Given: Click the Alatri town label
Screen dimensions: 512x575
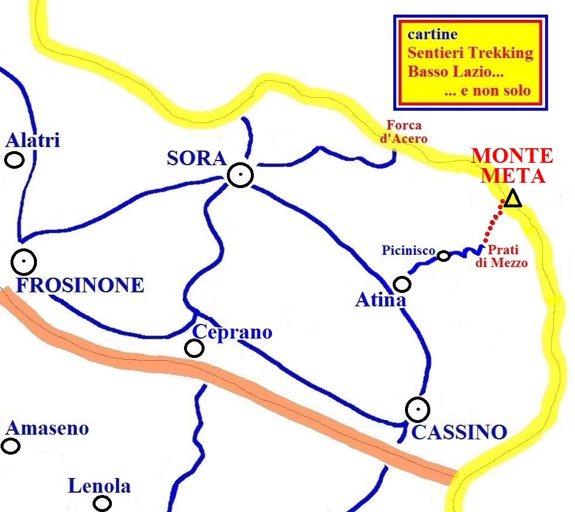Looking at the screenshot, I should (33, 141).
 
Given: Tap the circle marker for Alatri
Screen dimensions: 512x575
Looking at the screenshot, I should (14, 159).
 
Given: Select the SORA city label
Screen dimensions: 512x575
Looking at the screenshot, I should (196, 158).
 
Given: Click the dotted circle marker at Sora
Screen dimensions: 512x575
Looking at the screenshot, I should (240, 175).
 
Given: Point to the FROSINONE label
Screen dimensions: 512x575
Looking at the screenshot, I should (80, 285).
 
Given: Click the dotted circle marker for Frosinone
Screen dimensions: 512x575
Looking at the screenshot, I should (24, 262).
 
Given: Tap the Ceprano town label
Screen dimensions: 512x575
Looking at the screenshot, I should (233, 332).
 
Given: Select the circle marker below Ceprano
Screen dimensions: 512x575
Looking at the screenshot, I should (194, 349).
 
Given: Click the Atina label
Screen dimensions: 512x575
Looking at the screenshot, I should (380, 301).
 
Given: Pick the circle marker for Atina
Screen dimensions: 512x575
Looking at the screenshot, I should (402, 284).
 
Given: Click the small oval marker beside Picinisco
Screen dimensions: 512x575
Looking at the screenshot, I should (444, 255).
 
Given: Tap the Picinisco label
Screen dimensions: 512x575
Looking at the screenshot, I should (408, 251).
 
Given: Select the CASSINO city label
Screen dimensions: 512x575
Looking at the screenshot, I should (459, 432).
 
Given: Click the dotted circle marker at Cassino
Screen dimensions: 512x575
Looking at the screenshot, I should (417, 409).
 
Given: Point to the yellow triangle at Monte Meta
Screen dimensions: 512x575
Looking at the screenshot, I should (513, 199).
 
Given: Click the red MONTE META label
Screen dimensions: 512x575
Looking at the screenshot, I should (512, 166).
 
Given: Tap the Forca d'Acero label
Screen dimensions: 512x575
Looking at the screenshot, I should (406, 132).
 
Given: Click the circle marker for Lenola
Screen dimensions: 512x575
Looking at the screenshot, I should (103, 503).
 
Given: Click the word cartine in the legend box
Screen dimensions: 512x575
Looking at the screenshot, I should (433, 34).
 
